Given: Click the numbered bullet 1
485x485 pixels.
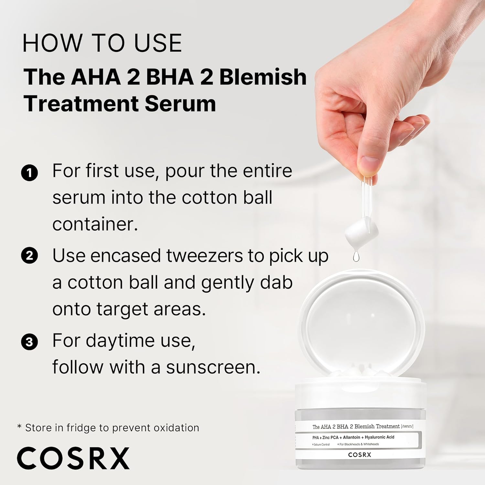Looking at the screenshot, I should pyautogui.click(x=29, y=173).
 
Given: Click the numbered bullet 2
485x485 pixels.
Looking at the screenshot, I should pyautogui.click(x=29, y=256).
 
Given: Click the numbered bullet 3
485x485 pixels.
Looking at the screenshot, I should pyautogui.click(x=29, y=342).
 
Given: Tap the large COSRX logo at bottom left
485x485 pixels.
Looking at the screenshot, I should pyautogui.click(x=73, y=458).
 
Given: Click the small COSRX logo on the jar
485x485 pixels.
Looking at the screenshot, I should pyautogui.click(x=360, y=455).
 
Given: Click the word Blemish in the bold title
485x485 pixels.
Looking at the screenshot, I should pyautogui.click(x=263, y=77).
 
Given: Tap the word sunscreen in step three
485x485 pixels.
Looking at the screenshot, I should pyautogui.click(x=213, y=367).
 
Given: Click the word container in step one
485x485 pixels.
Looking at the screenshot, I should pyautogui.click(x=95, y=224).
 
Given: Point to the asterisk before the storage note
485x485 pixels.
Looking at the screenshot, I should pyautogui.click(x=19, y=427).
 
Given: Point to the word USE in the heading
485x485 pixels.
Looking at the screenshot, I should pyautogui.click(x=158, y=43).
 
